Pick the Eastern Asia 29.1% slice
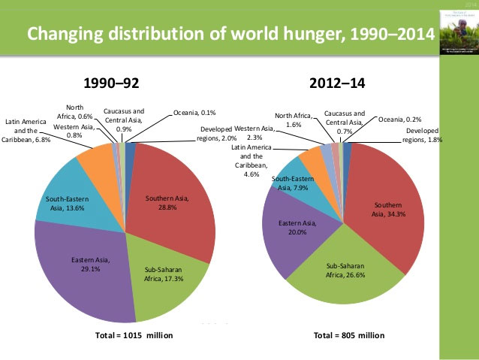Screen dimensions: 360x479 (83, 263)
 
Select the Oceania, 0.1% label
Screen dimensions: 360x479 (194, 113)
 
